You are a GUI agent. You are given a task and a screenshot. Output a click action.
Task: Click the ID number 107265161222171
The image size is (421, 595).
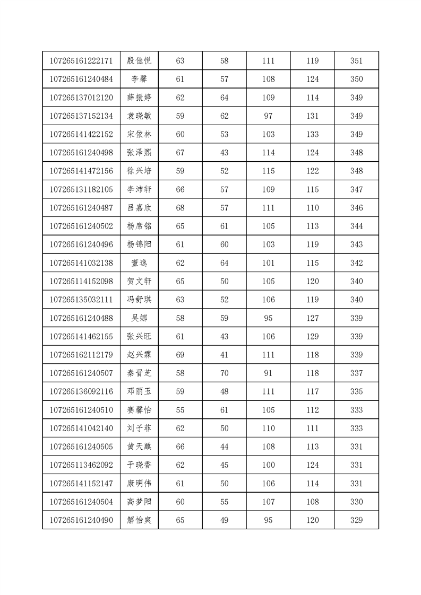[81, 61]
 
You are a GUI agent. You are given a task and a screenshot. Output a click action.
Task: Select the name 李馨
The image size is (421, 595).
[140, 80]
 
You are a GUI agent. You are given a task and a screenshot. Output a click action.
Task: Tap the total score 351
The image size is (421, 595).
[357, 61]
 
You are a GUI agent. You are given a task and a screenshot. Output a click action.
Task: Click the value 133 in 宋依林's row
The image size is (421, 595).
[313, 135]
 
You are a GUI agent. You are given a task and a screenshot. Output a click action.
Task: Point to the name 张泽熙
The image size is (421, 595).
[140, 153]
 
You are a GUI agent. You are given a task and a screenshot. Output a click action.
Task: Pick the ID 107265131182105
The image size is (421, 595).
[81, 190]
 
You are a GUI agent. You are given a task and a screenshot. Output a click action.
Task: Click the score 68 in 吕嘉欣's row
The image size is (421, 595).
[180, 208]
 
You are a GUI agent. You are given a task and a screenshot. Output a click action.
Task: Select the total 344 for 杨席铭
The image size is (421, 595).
[357, 226]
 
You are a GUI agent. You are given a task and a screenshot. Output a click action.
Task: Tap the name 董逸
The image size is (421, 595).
[140, 263]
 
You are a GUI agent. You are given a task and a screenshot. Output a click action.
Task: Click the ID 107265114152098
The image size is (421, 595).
[81, 282]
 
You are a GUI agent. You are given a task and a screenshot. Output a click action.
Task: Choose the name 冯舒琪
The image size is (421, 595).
[140, 300]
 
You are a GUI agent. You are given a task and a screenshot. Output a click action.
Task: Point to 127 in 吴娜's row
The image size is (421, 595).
[313, 318]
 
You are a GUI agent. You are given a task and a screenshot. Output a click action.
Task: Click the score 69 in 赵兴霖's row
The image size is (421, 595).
[180, 355]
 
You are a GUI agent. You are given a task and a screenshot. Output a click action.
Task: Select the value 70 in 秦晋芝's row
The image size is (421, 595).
[224, 373]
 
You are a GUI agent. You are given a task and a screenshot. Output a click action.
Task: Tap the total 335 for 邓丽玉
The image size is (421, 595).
[357, 392]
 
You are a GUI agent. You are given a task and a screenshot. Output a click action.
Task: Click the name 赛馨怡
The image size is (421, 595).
[140, 410]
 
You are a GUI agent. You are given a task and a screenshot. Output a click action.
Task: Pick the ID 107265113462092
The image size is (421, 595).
[81, 465]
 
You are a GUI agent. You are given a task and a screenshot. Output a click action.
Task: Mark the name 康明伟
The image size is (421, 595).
[140, 484]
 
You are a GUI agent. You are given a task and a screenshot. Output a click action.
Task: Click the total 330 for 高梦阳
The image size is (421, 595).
[357, 502]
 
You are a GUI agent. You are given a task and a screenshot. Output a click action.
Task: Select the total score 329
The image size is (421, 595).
[357, 520]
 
